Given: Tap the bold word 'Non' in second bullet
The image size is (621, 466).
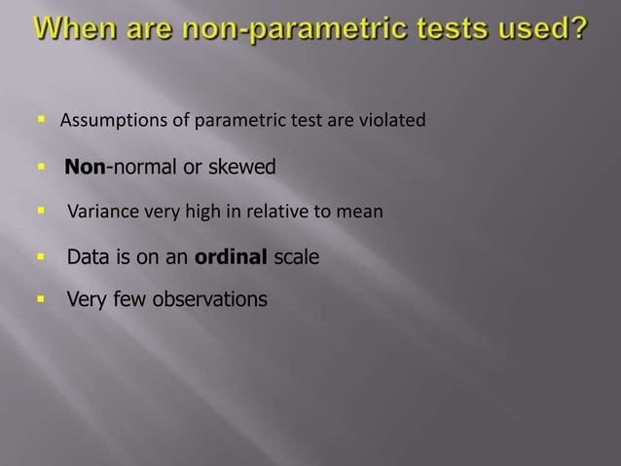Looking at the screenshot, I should tap(85, 168).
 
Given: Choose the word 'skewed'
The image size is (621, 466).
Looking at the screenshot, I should tap(242, 168).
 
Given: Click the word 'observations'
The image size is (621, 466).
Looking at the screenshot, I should tap(209, 299).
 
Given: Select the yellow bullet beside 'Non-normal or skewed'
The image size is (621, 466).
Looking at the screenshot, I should tap(43, 168).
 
